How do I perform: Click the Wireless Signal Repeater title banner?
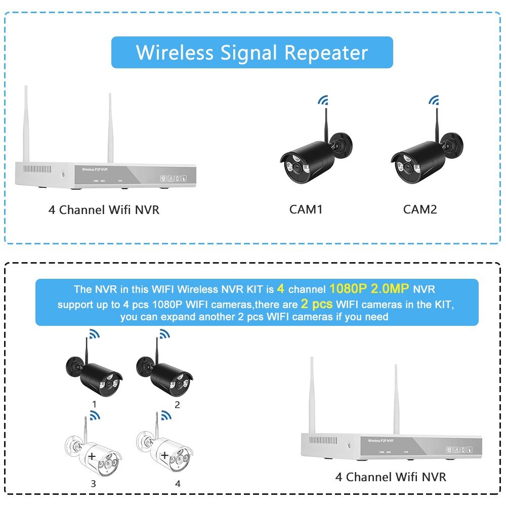click(252, 52)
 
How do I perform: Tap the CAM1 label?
click(306, 209)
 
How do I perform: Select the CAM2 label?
click(420, 209)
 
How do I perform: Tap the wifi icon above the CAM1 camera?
click(322, 100)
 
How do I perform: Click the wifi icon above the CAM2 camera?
click(434, 100)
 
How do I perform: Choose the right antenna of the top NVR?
click(109, 126)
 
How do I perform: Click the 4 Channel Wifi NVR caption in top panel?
click(104, 209)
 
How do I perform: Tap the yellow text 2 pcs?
click(317, 304)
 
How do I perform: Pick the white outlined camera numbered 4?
click(164, 451)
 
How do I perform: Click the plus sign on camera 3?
click(92, 456)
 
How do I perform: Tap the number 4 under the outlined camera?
click(178, 484)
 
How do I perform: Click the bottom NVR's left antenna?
click(312, 395)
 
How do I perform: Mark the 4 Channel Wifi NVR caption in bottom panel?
click(391, 477)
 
